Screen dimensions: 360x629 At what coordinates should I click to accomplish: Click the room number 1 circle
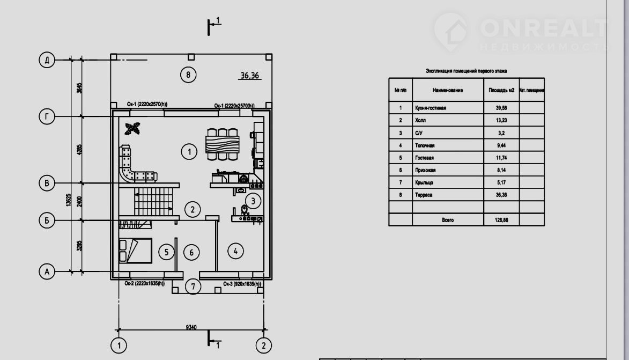pos(189,152)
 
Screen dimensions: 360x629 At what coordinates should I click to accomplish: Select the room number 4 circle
pos(235,250)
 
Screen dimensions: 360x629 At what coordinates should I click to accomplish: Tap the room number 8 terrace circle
pos(188,75)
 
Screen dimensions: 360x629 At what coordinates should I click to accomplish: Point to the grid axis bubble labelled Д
pos(47,60)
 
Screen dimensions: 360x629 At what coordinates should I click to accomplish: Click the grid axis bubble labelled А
pos(47,272)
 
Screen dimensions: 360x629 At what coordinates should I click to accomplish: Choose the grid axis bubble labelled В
pos(47,183)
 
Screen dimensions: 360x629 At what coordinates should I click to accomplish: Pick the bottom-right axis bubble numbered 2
pos(263,344)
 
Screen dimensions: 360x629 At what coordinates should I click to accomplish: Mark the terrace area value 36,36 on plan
pos(250,76)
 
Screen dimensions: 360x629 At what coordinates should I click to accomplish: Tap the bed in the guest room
pos(136,251)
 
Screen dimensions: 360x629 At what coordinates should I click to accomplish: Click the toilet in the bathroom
pos(245,210)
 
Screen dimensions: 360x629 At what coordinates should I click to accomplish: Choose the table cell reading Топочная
pos(425,145)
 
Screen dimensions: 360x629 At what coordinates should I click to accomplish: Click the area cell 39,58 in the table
pos(501,108)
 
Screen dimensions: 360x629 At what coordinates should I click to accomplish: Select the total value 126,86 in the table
pos(501,220)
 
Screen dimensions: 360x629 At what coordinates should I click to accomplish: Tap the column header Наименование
pos(448,91)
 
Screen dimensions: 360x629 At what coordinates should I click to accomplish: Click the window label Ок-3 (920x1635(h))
pos(242,284)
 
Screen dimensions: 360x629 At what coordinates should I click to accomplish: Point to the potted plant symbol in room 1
pos(132,128)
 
